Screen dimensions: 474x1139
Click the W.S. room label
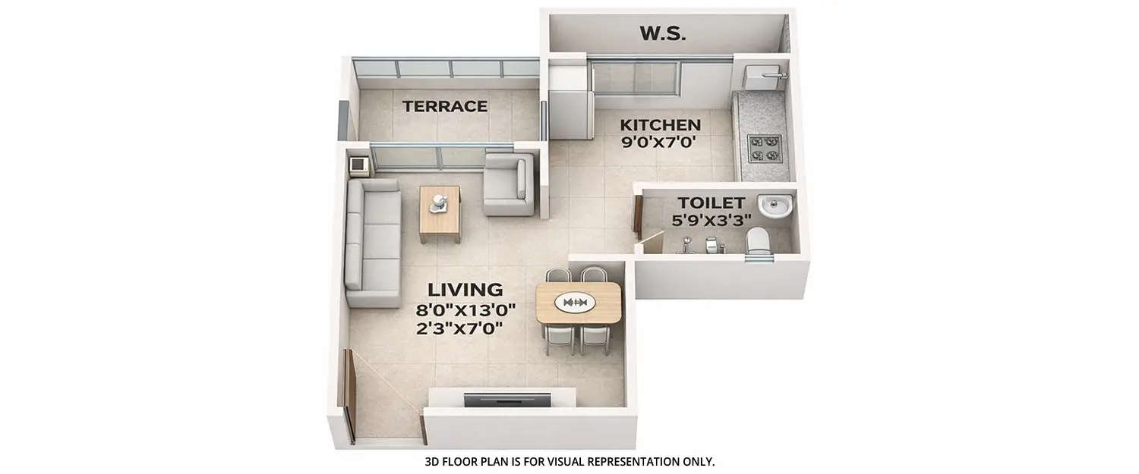663,33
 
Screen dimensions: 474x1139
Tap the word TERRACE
445,106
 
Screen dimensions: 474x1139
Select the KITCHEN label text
660,124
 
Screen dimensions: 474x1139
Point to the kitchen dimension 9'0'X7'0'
660,142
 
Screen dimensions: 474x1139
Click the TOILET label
711,202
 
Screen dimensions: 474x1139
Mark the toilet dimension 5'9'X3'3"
711,220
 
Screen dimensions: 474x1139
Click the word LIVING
465,289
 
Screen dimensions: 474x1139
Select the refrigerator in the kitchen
569,102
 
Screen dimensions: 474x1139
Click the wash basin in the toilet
775,205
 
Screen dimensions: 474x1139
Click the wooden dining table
579,302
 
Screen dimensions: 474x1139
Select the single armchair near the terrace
508,184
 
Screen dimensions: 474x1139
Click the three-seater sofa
372,243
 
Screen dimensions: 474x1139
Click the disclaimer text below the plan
569,461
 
